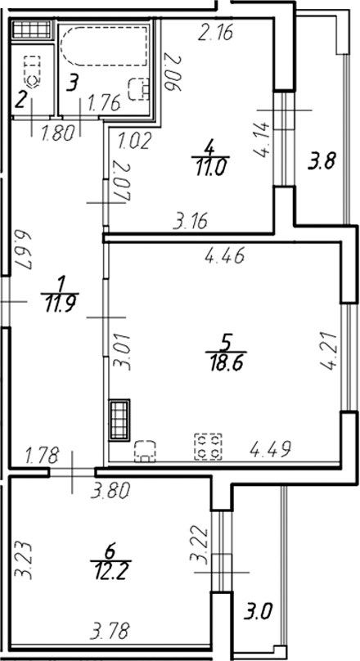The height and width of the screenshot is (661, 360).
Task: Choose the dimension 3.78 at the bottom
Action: coord(110,631)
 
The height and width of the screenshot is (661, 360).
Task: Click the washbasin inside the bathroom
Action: coord(139,88)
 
